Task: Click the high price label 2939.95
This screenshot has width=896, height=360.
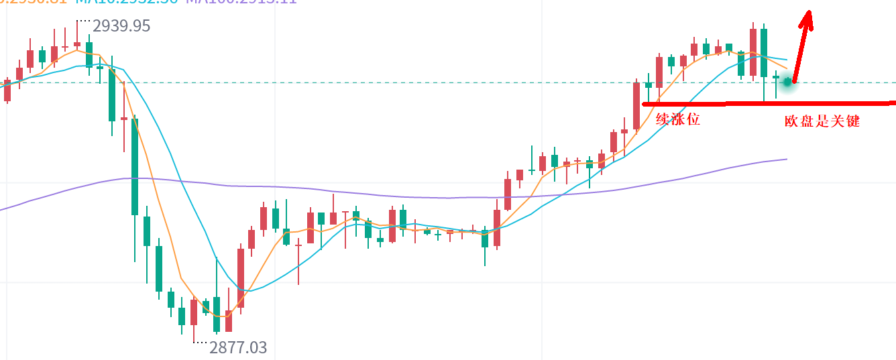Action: pos(121,26)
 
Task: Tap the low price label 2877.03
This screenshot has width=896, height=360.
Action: pos(238,347)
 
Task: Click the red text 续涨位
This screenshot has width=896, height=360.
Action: pos(678,120)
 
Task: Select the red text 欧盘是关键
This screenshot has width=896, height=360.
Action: pos(822,121)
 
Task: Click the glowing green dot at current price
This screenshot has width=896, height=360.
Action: pos(788,82)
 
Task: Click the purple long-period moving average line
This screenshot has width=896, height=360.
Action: pos(402,195)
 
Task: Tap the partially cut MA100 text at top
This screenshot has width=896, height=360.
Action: pos(241,2)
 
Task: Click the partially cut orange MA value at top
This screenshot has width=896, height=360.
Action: pos(34,2)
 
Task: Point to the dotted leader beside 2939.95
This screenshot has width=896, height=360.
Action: pos(83,21)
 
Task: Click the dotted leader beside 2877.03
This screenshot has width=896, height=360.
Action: pos(200,343)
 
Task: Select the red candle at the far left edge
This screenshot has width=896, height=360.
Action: pos(7,91)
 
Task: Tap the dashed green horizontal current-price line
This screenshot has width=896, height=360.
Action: pos(402,82)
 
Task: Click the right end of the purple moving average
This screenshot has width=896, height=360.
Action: pos(785,160)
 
